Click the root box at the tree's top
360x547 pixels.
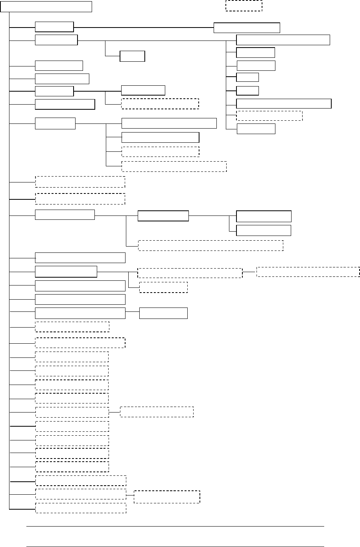pyautogui.click(x=46, y=7)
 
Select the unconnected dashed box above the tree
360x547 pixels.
pyautogui.click(x=244, y=6)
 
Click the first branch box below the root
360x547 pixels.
pyautogui.click(x=54, y=27)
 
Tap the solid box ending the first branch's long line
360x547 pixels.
pyautogui.click(x=247, y=28)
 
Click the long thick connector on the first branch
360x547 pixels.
pyautogui.click(x=144, y=28)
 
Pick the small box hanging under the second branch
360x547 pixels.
pyautogui.click(x=132, y=56)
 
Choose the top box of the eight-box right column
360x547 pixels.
pyautogui.click(x=283, y=40)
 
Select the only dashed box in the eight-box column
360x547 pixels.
pyautogui.click(x=269, y=116)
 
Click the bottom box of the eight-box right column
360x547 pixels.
pyautogui.click(x=256, y=129)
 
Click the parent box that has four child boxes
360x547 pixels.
pyautogui.click(x=55, y=123)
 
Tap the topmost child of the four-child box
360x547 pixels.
pyautogui.click(x=169, y=123)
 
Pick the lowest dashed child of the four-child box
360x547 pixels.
pyautogui.click(x=174, y=166)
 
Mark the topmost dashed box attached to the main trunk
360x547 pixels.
pyautogui.click(x=80, y=182)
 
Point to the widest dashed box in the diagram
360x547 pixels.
pyautogui.click(x=210, y=245)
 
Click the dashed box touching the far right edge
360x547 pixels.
pyautogui.click(x=308, y=272)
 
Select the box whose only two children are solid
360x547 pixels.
pyautogui.click(x=163, y=216)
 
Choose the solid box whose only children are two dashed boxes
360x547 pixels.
pyautogui.click(x=66, y=271)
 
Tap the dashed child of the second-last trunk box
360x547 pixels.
pyautogui.click(x=167, y=497)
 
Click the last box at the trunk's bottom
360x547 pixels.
pyautogui.click(x=81, y=508)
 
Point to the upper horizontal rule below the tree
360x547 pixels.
pyautogui.click(x=175, y=526)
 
